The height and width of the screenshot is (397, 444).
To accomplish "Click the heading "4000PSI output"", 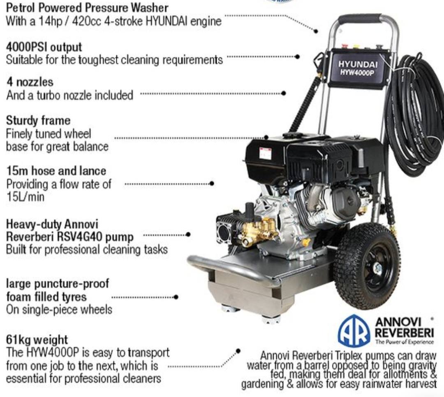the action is coord(44,47).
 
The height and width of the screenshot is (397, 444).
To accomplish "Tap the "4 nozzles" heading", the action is coord(30,82).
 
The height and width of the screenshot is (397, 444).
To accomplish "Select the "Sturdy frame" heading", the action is coord(38,121).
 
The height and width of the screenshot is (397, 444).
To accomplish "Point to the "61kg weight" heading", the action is coord(37,339).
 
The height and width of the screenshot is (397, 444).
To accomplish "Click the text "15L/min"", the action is coord(25,196).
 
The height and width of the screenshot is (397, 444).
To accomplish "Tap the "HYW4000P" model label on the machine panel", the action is coord(357,72).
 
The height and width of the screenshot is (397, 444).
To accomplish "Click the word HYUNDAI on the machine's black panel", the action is coord(358,64).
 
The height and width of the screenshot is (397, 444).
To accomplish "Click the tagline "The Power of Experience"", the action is coord(405,342).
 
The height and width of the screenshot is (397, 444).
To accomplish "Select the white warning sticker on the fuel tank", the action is coord(265,154).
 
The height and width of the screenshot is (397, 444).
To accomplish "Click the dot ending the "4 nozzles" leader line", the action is coord(284,93).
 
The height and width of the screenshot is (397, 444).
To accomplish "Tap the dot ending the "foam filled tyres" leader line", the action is coord(176,297).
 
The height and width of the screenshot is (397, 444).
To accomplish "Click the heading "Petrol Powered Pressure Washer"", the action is coord(87,8).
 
